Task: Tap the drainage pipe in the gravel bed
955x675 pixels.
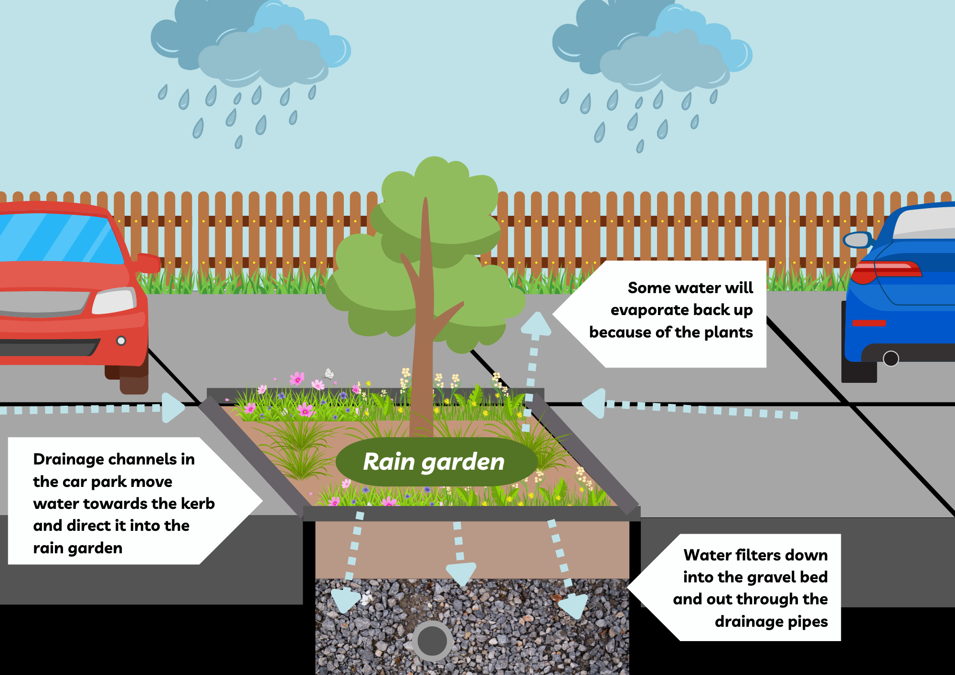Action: point(432,641)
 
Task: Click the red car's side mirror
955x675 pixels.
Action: point(149,263)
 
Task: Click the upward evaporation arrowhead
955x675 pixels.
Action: point(536,324)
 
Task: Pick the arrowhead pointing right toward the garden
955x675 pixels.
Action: point(172,408)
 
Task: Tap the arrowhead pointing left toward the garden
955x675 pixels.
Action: point(594,403)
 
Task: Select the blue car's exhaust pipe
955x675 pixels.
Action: point(891,359)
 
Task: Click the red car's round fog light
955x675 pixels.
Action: point(121,341)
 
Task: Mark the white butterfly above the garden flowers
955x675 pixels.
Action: point(329,373)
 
